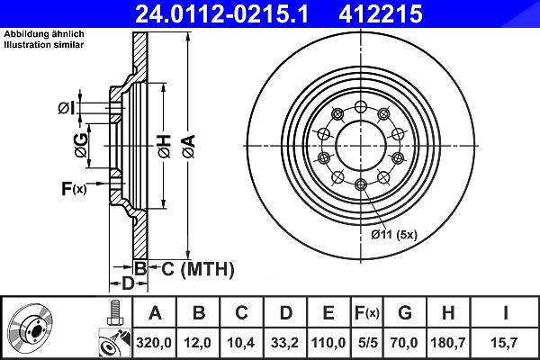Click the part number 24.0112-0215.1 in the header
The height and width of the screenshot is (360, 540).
pos(221,13)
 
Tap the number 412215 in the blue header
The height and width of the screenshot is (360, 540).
pos(381,13)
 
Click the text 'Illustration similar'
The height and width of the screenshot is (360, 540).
pos(44,45)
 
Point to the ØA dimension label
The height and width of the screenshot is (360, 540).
pos(189,146)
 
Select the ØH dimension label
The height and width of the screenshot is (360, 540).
pos(165,146)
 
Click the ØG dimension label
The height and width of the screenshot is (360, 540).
pos(81,146)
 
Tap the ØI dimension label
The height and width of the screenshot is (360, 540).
pos(66,109)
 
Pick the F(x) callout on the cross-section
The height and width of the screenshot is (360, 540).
pos(74,188)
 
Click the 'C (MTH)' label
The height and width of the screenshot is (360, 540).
pos(198,269)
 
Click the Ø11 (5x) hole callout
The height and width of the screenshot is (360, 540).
pos(394,235)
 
